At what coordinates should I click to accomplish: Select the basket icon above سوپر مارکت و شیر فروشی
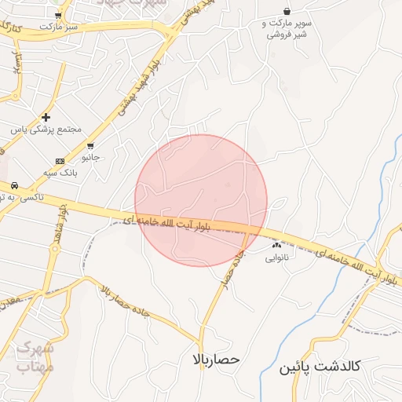coord(288,11)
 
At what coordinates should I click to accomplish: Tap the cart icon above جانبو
coord(92,145)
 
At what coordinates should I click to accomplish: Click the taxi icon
coord(13,185)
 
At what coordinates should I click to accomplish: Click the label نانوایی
coord(276,257)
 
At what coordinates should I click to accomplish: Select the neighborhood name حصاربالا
coord(214,360)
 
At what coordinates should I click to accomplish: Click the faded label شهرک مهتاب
coord(35,356)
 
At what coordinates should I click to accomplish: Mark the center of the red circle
coord(201,200)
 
